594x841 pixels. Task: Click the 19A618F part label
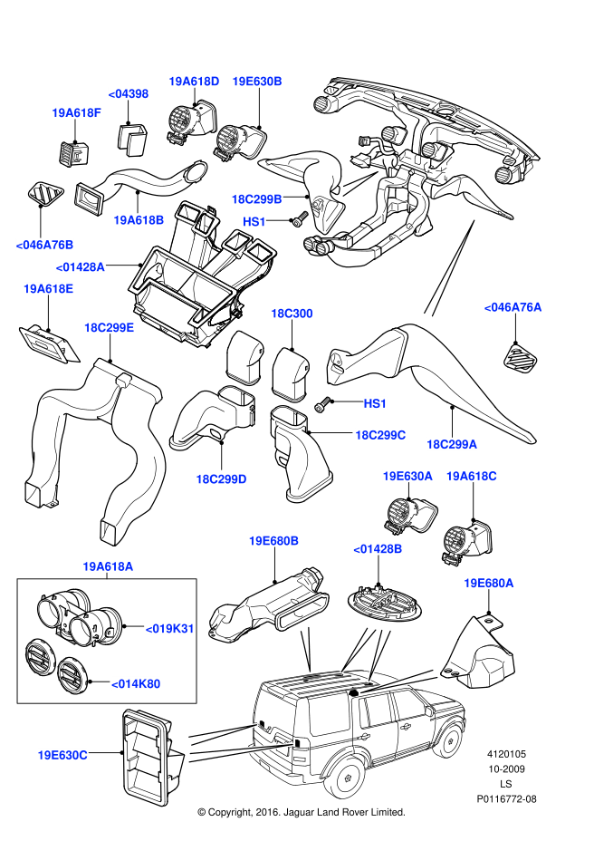coord(76,113)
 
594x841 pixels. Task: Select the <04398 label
coord(129,93)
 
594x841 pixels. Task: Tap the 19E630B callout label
coord(257,81)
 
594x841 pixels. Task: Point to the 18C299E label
coord(109,327)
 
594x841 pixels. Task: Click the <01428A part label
coord(81,267)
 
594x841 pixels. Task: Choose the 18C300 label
coord(292,314)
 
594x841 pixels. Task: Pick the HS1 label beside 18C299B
coord(254,221)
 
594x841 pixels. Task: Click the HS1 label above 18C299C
coord(375,402)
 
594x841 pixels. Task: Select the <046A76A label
coord(513,308)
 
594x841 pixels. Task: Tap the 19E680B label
coord(273,541)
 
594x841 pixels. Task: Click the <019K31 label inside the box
coord(170,628)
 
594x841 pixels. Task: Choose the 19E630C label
coord(62,754)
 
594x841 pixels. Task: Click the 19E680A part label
coord(489,583)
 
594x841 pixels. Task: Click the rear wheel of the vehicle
coord(348,778)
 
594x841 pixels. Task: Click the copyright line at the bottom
coord(302,812)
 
